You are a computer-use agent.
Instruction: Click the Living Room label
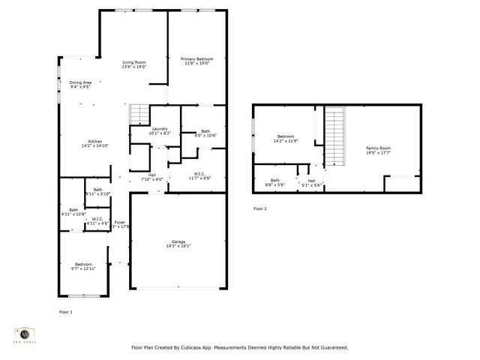coord(134,61)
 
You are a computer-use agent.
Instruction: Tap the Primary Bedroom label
coord(196,58)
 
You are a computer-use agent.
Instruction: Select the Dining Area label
coord(80,82)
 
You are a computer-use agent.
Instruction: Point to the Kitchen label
coord(95,142)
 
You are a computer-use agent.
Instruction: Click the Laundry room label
coord(160,129)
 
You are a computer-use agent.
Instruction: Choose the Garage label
coord(178,241)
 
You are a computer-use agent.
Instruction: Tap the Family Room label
coord(378,148)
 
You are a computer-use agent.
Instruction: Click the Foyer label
coord(119,222)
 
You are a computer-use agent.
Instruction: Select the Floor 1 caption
coord(66,311)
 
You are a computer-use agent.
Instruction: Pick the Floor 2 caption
coord(259,208)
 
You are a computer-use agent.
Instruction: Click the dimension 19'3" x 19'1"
coord(178,246)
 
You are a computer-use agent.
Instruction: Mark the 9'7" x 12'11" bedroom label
coord(82,266)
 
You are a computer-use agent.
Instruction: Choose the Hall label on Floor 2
coord(310,180)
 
